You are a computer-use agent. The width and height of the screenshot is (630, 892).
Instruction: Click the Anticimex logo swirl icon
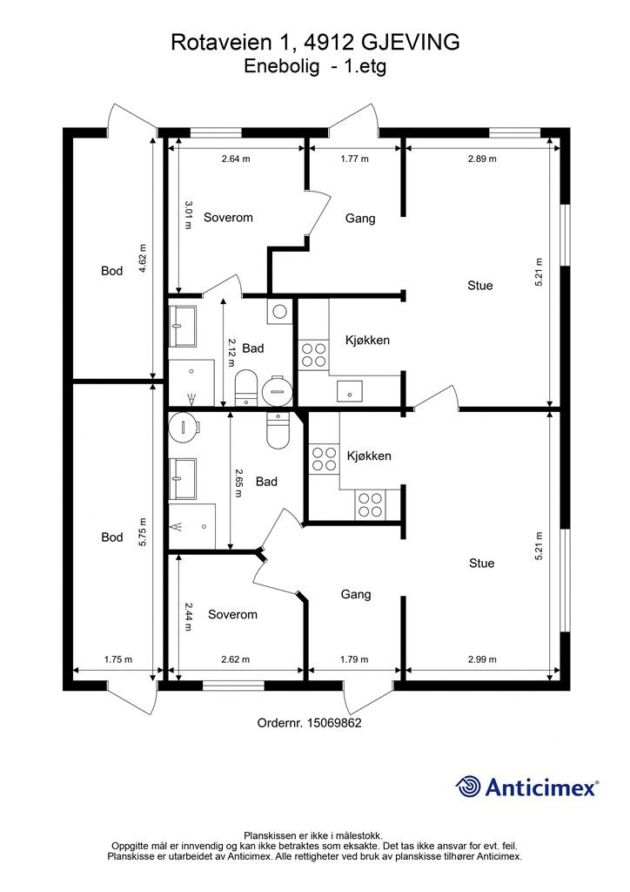click(x=467, y=787)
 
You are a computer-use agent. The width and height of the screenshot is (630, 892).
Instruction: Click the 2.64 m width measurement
click(x=236, y=159)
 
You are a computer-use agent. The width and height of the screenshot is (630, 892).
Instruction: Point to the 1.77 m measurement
click(x=354, y=159)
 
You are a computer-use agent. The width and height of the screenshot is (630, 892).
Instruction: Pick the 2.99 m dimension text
click(x=482, y=659)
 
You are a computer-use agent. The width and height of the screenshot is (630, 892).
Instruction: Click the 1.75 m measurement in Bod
click(x=118, y=659)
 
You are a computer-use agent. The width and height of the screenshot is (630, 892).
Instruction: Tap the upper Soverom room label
click(x=228, y=217)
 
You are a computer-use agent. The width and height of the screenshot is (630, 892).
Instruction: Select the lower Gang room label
click(x=356, y=594)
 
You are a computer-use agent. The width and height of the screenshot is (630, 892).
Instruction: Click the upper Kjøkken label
click(x=367, y=341)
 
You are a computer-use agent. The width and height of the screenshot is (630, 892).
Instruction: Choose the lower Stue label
click(x=482, y=564)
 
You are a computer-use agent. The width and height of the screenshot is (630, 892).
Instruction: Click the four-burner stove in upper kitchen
click(x=314, y=355)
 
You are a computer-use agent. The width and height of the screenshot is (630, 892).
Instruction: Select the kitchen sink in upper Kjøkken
click(x=350, y=390)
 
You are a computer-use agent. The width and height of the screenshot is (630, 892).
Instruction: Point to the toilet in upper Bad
click(x=246, y=388)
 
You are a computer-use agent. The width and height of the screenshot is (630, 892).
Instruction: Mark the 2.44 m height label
click(x=187, y=617)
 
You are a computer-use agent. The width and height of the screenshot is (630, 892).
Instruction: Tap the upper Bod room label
click(x=112, y=271)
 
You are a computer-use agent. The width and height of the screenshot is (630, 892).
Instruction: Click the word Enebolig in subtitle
click(x=282, y=67)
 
